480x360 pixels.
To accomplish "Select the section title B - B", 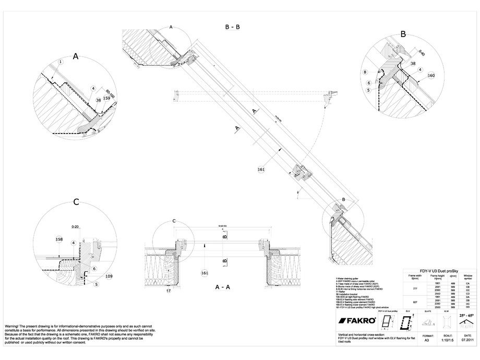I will pos(232,27).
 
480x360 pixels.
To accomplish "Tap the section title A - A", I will pos(224,287).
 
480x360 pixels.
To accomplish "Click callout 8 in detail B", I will pos(365,72).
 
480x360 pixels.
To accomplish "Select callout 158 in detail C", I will pos(59,239).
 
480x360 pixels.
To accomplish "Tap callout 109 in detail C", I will pos(109,275).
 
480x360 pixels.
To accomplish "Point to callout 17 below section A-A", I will pos(169,291).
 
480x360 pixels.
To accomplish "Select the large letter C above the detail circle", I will pos(76,202).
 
